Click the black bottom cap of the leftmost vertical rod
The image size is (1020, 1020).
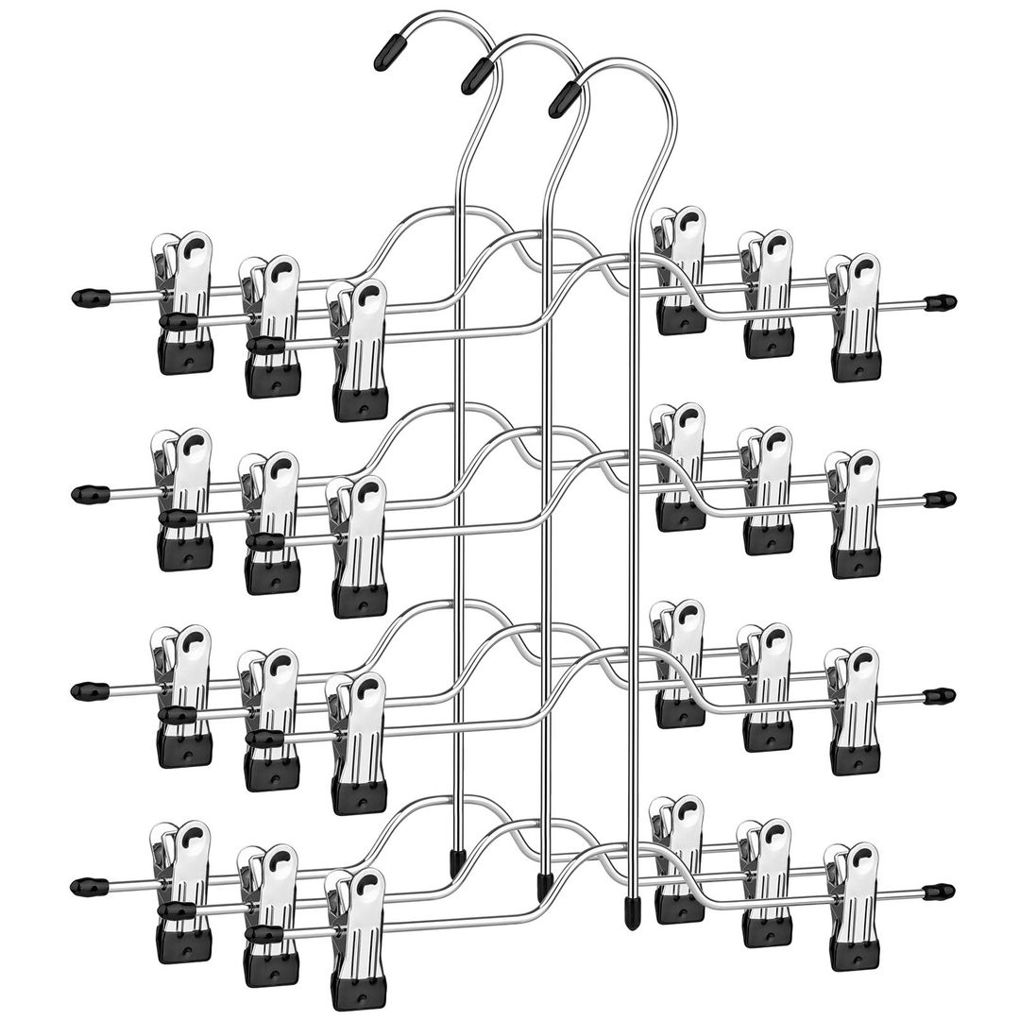click(x=456, y=858)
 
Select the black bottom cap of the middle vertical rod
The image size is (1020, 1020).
click(x=544, y=886)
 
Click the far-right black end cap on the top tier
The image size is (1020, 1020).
click(x=940, y=303)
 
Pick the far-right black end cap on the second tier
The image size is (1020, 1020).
click(x=940, y=500)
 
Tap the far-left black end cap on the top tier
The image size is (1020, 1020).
click(x=84, y=298)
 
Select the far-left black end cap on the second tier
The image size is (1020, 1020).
click(x=84, y=494)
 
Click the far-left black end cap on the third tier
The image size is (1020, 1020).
click(x=83, y=690)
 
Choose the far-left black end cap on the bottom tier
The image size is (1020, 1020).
click(x=83, y=888)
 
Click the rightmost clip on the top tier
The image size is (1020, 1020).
click(x=854, y=316)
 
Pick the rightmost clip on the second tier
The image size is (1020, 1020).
click(x=854, y=513)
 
